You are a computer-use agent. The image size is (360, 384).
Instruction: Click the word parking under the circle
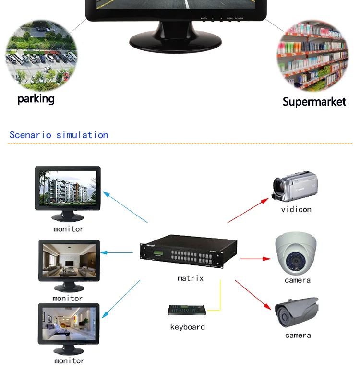36,99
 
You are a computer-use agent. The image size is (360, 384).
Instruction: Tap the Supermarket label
314,101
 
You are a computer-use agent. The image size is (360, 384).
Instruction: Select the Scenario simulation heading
59,135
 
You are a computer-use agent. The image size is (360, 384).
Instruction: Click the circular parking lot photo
41,56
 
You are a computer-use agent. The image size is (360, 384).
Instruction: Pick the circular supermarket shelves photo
312,56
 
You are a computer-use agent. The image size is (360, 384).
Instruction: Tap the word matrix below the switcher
190,278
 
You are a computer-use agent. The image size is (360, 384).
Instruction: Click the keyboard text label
187,327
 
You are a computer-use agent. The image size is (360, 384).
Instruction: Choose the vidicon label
296,209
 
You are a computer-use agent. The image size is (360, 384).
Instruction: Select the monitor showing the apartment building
68,189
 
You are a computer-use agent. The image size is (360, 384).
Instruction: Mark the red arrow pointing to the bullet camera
252,295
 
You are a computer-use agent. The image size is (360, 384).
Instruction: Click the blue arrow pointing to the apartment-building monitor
126,207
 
